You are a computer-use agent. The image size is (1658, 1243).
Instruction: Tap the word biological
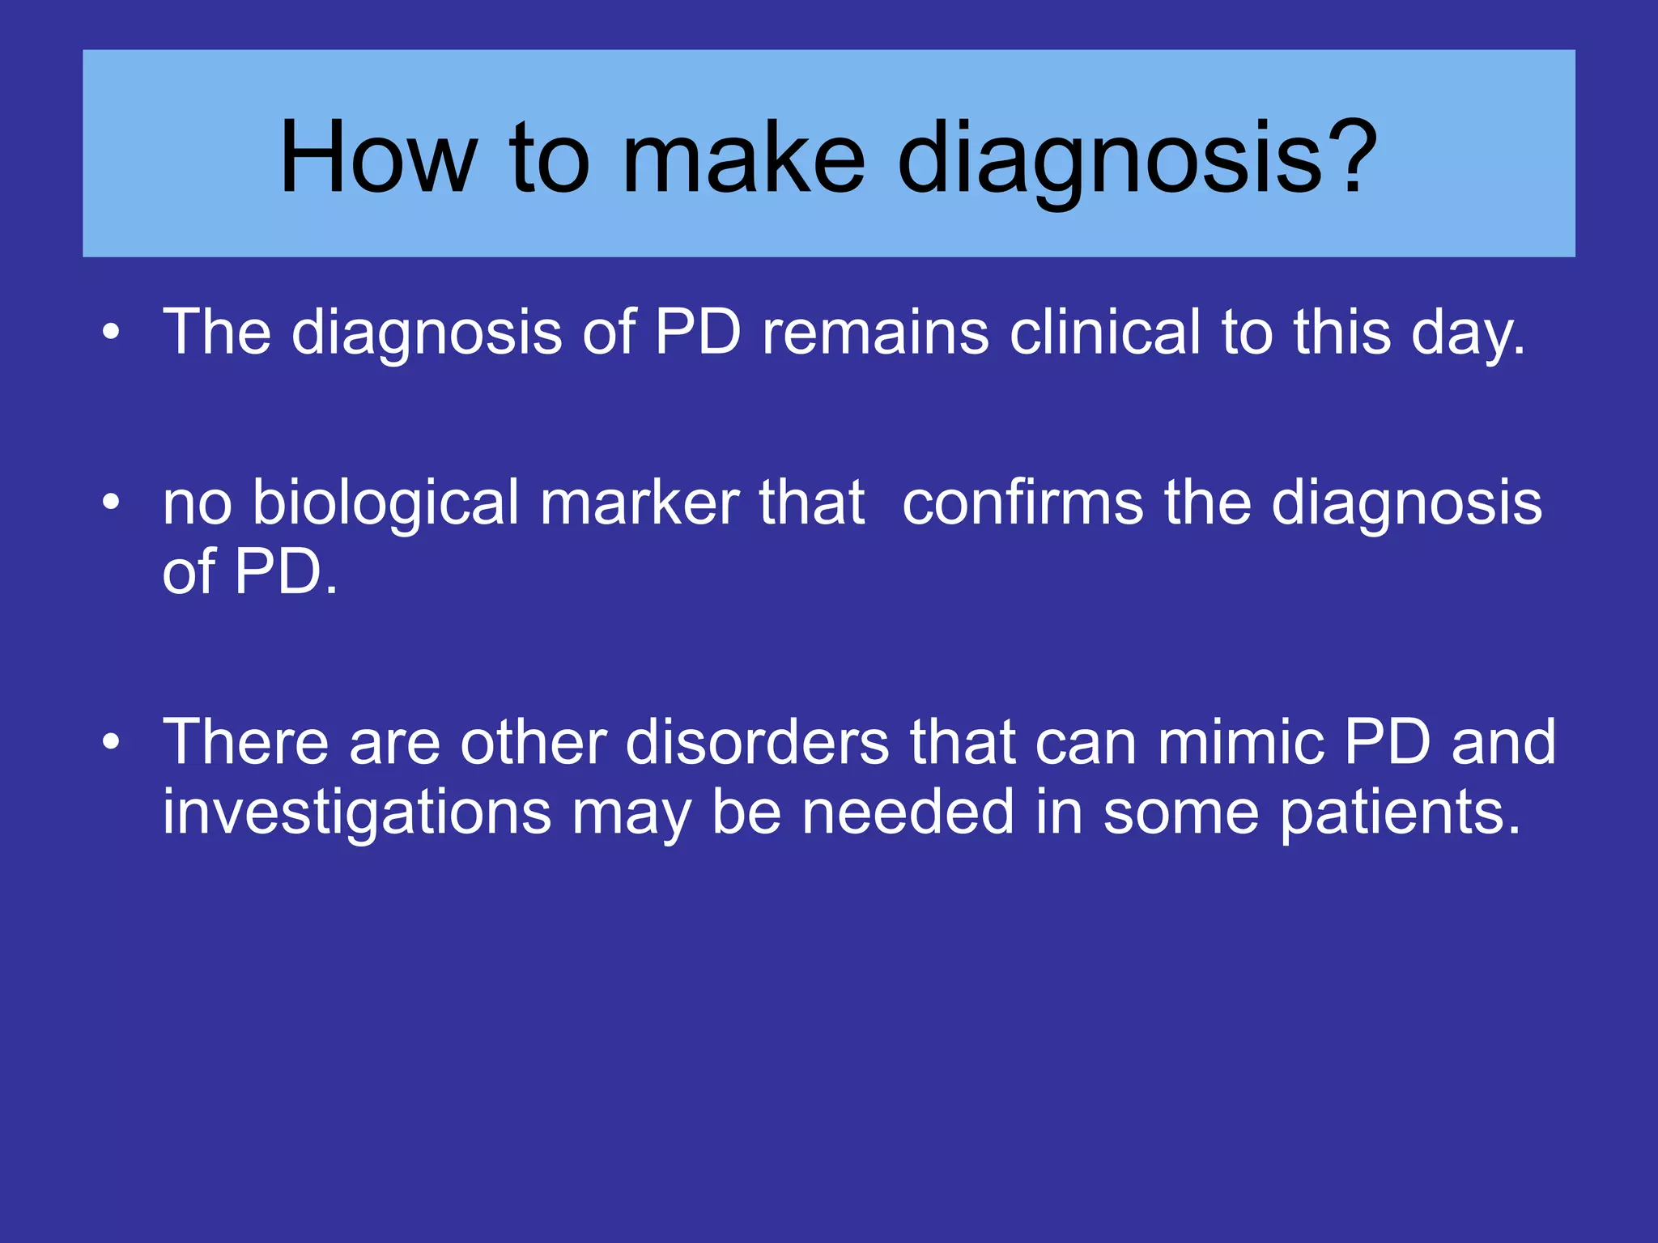(x=385, y=503)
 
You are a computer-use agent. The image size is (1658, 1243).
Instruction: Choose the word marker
(x=640, y=503)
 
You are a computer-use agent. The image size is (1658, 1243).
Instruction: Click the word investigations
(x=357, y=812)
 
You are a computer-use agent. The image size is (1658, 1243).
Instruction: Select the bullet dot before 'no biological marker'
(x=112, y=503)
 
